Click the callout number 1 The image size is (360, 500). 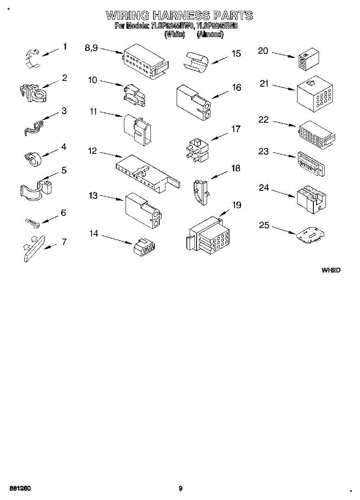(65, 46)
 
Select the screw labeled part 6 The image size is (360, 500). (32, 222)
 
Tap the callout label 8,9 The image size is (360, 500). (91, 48)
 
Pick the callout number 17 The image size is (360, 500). (236, 129)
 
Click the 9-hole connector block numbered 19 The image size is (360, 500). (207, 236)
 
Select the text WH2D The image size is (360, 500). (331, 270)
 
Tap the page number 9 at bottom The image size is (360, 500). (180, 488)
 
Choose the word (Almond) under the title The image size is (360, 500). (210, 35)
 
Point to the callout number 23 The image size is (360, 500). (263, 151)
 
